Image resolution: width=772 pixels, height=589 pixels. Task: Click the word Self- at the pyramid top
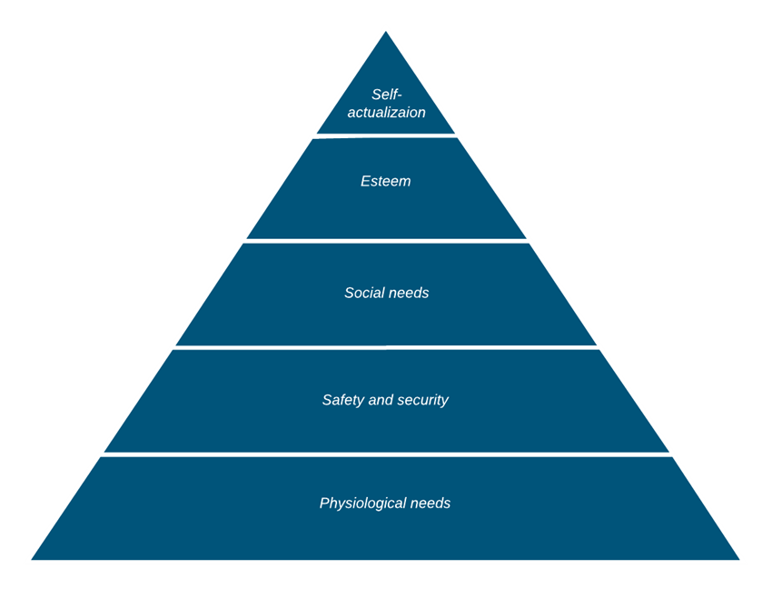(x=386, y=95)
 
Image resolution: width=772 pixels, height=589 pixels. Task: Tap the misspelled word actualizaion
(x=386, y=113)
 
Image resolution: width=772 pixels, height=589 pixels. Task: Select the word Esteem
(x=386, y=181)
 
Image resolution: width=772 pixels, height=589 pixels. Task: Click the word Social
(x=364, y=293)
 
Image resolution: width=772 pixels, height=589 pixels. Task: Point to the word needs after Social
(x=409, y=293)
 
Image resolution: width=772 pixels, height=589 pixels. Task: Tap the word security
(x=424, y=400)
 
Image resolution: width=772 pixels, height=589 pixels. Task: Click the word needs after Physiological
(x=431, y=503)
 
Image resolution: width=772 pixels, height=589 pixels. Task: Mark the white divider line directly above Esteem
(x=386, y=135)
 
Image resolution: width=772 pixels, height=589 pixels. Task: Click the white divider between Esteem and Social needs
(x=386, y=241)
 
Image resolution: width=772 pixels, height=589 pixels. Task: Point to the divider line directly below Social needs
(x=386, y=347)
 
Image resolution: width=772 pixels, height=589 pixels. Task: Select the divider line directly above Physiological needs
(x=386, y=454)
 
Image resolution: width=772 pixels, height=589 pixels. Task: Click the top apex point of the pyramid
(x=386, y=28)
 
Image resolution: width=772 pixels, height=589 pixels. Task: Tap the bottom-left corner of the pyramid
(x=27, y=561)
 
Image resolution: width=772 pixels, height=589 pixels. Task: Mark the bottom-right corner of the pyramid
(x=744, y=561)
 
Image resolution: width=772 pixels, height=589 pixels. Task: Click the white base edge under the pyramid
(x=386, y=562)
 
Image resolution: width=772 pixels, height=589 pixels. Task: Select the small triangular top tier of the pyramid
(x=386, y=73)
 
